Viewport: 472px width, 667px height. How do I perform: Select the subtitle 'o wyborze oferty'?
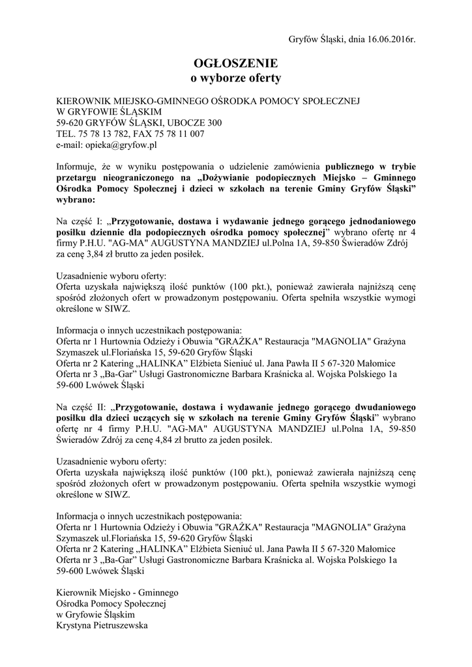point(235,78)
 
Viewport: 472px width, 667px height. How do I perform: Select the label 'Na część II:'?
point(79,407)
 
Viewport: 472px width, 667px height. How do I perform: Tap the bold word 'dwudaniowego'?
point(384,407)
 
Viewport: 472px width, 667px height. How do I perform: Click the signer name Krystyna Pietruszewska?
point(102,626)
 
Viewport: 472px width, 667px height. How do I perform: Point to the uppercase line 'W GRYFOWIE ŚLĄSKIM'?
point(98,111)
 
